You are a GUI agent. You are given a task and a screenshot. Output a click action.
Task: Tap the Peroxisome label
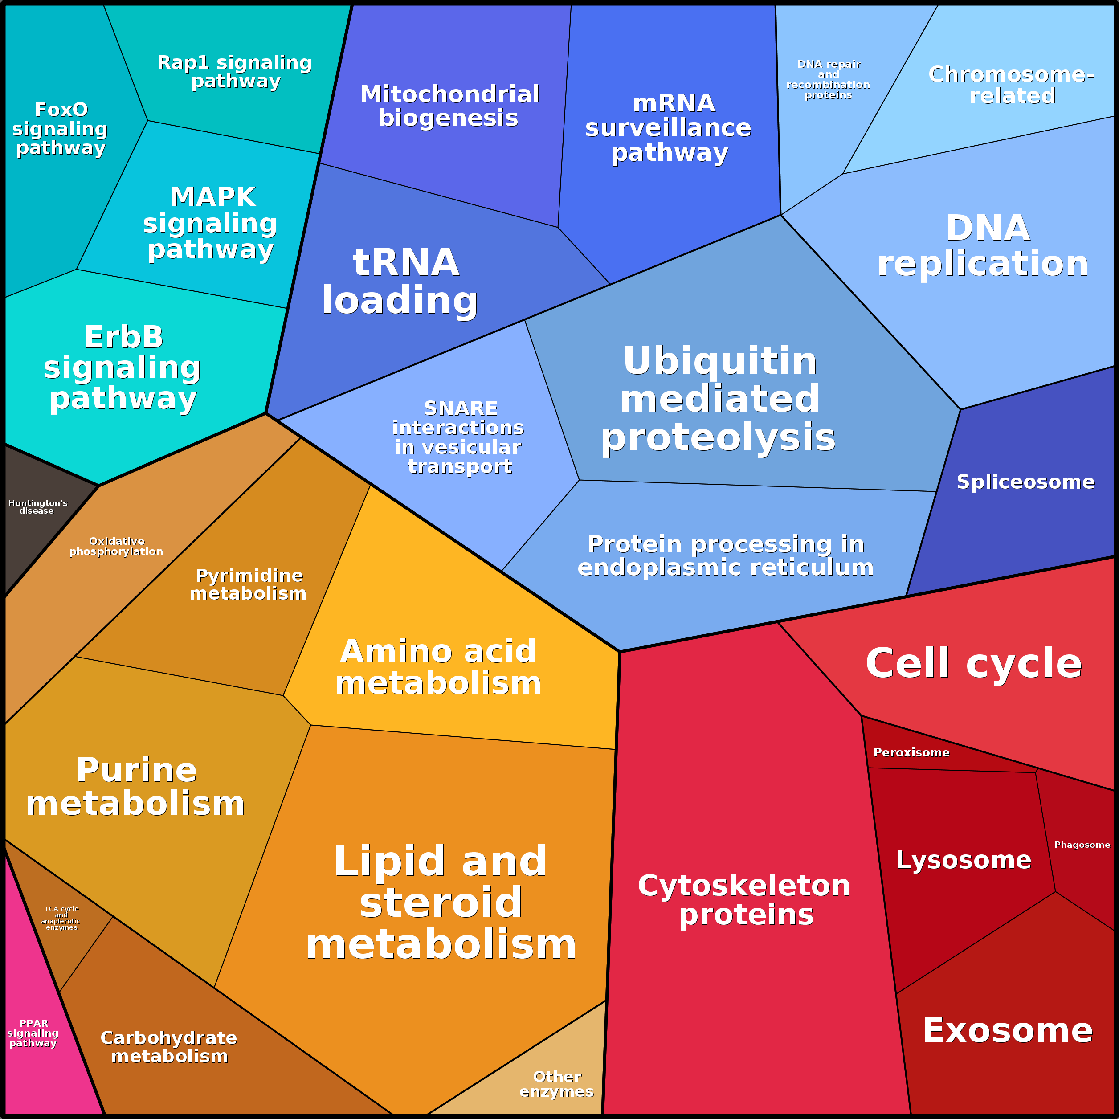(x=911, y=752)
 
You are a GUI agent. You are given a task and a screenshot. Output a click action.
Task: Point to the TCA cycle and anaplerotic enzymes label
(x=61, y=918)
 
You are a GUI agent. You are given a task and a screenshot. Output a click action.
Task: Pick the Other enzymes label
(x=556, y=1084)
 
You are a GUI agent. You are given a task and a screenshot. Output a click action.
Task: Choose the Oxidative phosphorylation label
(x=116, y=546)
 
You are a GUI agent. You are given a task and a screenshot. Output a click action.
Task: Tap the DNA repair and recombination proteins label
(x=828, y=80)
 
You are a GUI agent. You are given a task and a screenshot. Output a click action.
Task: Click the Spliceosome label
(x=1025, y=482)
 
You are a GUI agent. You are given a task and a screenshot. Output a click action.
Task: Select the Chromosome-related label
(x=1012, y=85)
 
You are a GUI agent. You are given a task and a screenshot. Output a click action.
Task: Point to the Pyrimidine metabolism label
(x=249, y=584)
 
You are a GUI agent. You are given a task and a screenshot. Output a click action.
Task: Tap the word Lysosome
(x=963, y=860)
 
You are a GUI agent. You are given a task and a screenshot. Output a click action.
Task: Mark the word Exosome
(x=1008, y=1030)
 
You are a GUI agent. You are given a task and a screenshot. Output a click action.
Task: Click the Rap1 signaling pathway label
(x=235, y=71)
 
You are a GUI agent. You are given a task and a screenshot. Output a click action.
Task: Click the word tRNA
(x=406, y=262)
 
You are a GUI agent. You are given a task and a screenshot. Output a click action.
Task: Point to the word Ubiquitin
(x=720, y=361)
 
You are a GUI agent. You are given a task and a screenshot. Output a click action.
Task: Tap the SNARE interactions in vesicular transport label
(x=458, y=437)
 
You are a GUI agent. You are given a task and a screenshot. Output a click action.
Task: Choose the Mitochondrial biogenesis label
(x=449, y=106)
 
